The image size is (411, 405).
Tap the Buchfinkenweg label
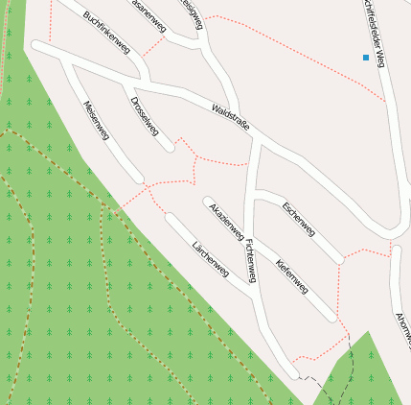point(106,32)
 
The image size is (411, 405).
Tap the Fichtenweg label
point(251,259)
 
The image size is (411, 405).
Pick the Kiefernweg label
point(291,276)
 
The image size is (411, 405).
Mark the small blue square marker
point(366,59)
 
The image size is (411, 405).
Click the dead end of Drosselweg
point(171,148)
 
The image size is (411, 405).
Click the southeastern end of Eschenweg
point(339,258)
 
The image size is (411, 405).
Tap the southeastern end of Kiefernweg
point(331,316)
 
